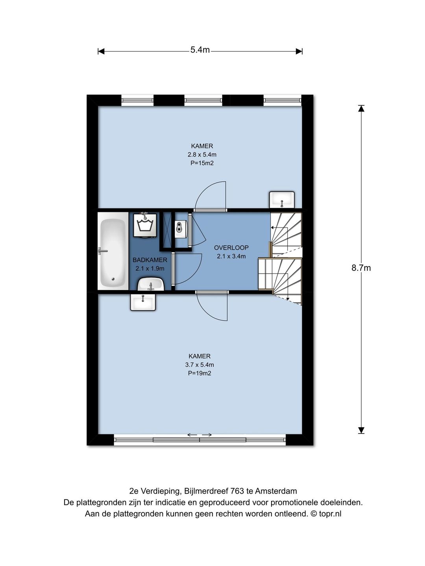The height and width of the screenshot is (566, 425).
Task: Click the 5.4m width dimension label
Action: pos(200,50)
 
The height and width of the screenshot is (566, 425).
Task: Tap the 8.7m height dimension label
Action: pos(361,268)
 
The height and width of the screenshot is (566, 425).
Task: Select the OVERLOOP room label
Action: pos(231,248)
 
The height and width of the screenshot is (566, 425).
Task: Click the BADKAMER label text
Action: pos(150,260)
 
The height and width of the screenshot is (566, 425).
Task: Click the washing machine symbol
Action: pos(145,225)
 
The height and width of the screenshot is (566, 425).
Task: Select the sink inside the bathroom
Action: pos(151,284)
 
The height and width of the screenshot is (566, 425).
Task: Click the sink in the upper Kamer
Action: pos(282,200)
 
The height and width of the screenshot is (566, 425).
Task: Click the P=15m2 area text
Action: pos(202,163)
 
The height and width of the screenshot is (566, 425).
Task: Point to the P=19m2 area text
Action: pos(200,373)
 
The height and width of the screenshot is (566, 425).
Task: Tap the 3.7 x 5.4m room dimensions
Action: pos(200,365)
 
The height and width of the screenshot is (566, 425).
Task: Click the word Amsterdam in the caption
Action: pos(276,491)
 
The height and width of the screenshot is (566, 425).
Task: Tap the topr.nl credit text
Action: pos(330,514)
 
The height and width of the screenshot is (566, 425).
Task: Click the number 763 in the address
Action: pos(237,491)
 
